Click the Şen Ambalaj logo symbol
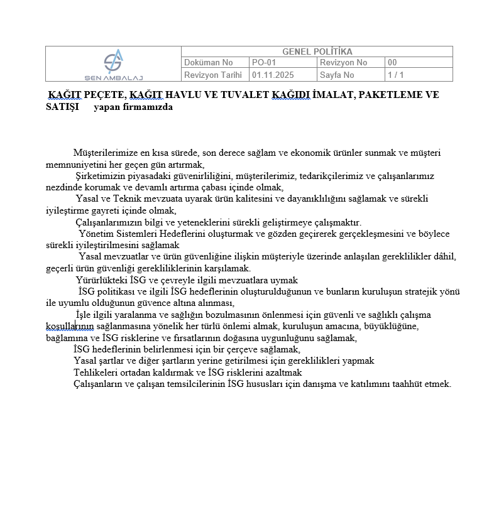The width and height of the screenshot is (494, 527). pos(113,62)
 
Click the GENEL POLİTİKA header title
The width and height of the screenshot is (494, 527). pos(317,52)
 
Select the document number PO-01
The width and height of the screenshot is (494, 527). pos(264,63)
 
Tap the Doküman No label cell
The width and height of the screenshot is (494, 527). pos(208,63)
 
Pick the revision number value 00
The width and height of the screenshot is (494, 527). pos(392,63)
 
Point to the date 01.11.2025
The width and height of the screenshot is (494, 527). pos(273,75)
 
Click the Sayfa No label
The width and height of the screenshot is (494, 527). pos(337,75)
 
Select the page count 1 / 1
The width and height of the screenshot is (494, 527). pos(395,75)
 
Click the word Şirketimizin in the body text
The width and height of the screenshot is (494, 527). pos(102,176)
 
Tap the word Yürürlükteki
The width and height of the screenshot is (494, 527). pos(101,280)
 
